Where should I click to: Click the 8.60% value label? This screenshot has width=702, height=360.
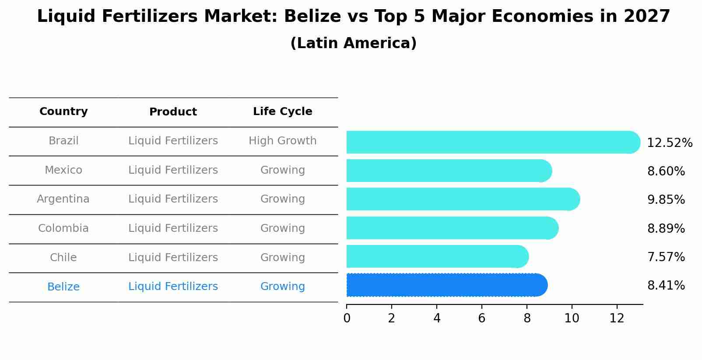[x=666, y=171]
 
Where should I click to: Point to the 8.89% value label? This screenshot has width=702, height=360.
[x=666, y=228]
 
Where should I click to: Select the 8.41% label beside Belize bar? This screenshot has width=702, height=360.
[x=666, y=286]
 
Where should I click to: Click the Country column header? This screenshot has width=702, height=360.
[x=63, y=112]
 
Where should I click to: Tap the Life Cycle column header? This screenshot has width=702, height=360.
[x=282, y=112]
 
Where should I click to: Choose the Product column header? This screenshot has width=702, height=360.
[x=173, y=112]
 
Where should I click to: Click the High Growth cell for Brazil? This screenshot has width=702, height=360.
[x=282, y=141]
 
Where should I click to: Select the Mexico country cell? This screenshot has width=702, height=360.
[x=63, y=170]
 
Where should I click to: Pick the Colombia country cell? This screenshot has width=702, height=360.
[x=63, y=228]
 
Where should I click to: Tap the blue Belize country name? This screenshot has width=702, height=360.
[x=63, y=287]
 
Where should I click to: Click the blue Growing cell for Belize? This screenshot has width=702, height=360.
[x=282, y=287]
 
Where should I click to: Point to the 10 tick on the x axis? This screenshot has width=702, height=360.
[x=572, y=318]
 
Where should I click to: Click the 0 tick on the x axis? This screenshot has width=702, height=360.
[x=347, y=318]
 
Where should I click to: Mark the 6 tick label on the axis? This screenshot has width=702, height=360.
[x=481, y=318]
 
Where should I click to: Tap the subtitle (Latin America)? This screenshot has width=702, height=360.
[x=353, y=43]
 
